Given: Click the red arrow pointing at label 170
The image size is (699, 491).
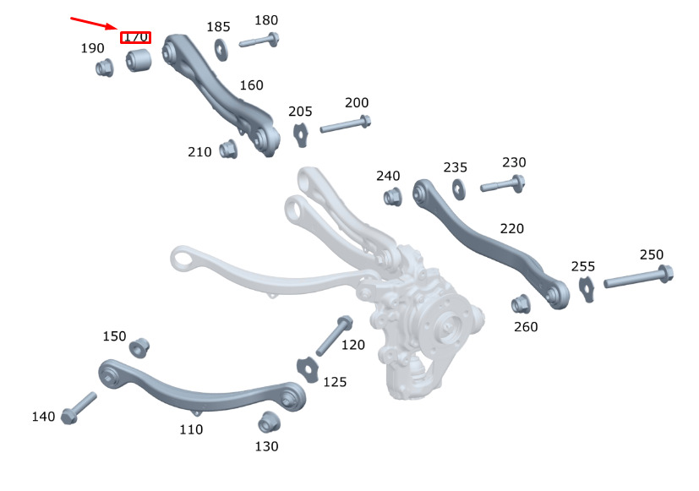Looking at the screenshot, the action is [94, 24].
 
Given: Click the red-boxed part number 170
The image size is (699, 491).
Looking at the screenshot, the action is [135, 37].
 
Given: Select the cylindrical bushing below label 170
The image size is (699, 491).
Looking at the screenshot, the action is [139, 60].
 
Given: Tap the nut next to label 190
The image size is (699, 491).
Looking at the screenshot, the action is [105, 68].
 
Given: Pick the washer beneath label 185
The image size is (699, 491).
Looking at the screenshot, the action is [221, 50].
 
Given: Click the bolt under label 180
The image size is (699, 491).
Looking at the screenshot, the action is [259, 40].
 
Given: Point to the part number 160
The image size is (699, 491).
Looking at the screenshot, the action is [251, 85].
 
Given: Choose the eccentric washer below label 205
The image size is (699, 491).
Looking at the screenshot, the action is [301, 134].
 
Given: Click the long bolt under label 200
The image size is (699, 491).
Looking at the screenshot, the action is [346, 124].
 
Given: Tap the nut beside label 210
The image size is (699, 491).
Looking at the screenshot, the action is [228, 149].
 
